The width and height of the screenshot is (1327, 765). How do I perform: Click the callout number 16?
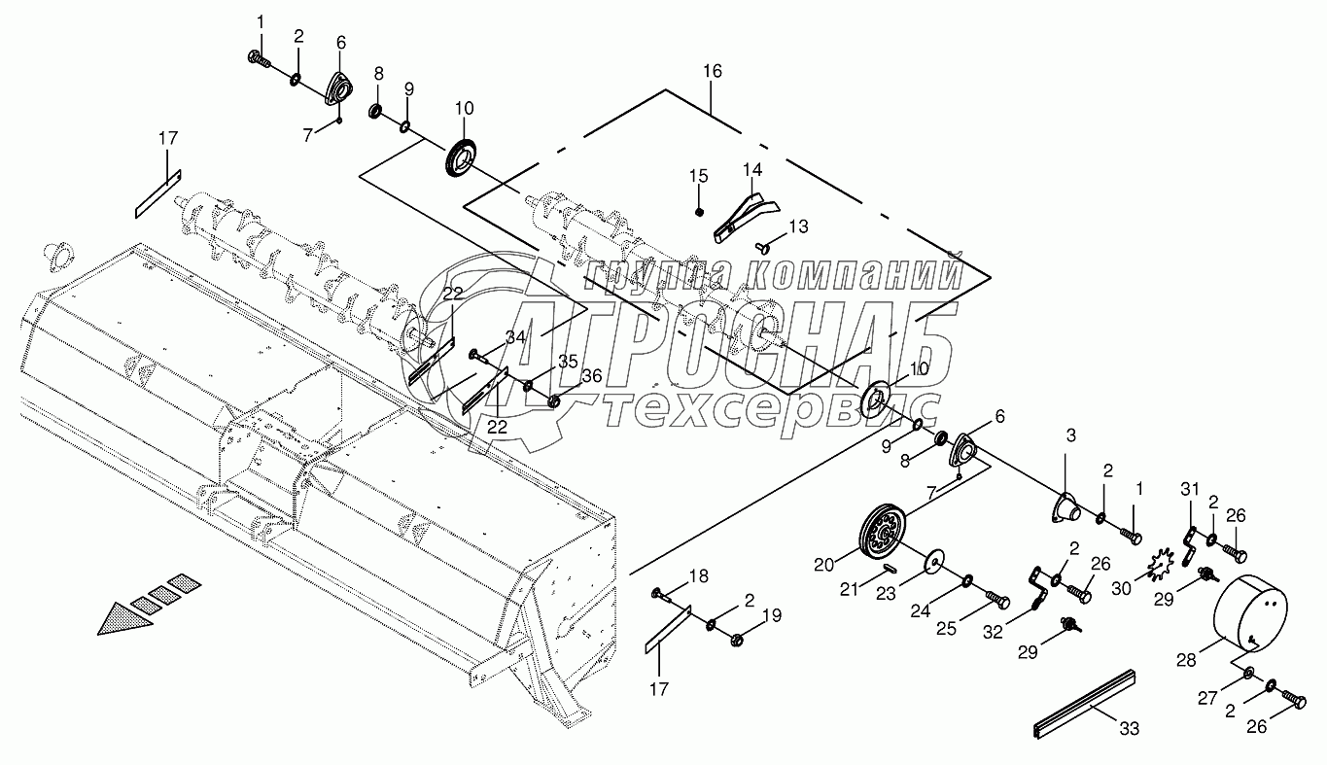pyautogui.click(x=713, y=72)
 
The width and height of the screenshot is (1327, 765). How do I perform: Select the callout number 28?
pyautogui.click(x=1186, y=661)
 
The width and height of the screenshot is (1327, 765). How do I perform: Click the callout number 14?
pyautogui.click(x=752, y=169)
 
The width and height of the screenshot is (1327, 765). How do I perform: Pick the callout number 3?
pyautogui.click(x=1070, y=436)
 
